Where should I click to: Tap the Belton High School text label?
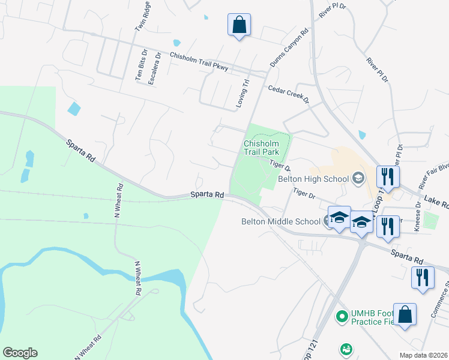point(313,179)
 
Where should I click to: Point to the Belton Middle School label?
point(280,221)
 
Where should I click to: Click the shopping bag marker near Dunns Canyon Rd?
point(239,25)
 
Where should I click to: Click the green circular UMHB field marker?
point(342,315)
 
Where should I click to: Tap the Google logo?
point(20,353)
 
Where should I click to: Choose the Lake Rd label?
point(436,203)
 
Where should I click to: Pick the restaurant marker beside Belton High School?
point(387,176)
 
